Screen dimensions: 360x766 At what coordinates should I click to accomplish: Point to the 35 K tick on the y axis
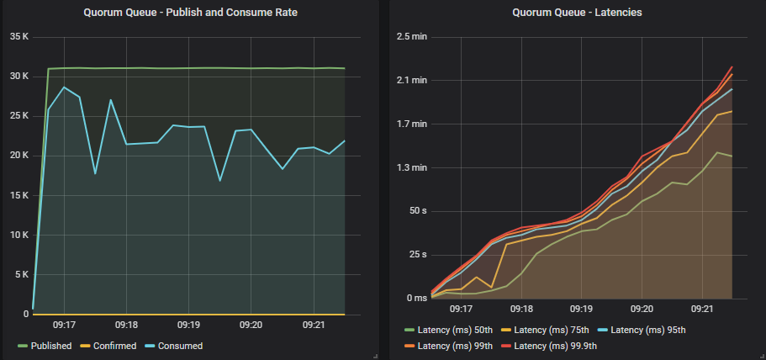pyautogui.click(x=18, y=37)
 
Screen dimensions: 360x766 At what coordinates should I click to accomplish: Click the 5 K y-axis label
pyautogui.click(x=21, y=274)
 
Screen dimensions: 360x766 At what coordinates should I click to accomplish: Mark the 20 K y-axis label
pyautogui.click(x=18, y=156)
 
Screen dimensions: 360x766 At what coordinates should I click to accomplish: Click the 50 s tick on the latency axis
pyautogui.click(x=417, y=210)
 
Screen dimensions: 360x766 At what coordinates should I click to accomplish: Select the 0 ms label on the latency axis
pyautogui.click(x=415, y=298)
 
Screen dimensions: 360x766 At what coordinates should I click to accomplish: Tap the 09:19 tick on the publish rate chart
pyautogui.click(x=188, y=325)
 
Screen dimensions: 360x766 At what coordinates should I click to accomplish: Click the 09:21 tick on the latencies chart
pyautogui.click(x=702, y=310)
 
